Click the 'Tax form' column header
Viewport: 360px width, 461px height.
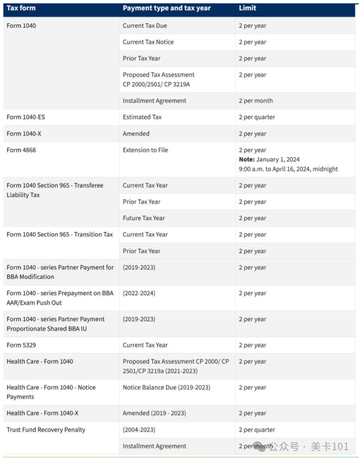(x=21, y=8)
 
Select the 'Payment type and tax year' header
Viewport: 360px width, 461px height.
(x=167, y=8)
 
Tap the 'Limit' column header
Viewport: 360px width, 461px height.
(x=247, y=8)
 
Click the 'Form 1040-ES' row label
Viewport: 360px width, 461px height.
(x=26, y=117)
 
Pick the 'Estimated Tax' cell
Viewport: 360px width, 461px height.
(x=142, y=117)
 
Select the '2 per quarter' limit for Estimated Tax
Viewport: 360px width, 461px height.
(x=257, y=117)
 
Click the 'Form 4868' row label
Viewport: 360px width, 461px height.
(x=21, y=150)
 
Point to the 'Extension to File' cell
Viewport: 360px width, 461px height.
(x=145, y=150)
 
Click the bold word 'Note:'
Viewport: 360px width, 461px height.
(x=247, y=159)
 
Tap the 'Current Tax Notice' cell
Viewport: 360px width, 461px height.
(x=148, y=42)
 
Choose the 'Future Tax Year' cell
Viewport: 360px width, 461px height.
(x=144, y=218)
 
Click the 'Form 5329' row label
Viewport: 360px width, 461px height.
(x=21, y=345)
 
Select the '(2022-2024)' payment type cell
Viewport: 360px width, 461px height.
(x=139, y=293)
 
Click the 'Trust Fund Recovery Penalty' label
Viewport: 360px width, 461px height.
(x=46, y=430)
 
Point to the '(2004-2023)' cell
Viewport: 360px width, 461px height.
(x=139, y=430)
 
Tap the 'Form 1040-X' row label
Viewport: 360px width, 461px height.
(x=24, y=134)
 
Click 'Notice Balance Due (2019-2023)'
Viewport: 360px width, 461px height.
(x=167, y=388)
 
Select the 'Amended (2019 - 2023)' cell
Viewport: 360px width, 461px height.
(x=154, y=413)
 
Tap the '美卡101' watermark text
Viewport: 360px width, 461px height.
(x=329, y=447)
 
